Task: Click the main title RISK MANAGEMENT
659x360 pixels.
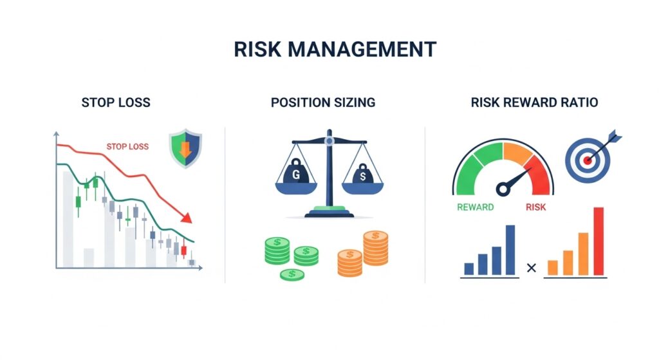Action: tap(329, 50)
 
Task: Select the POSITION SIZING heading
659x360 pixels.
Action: tap(323, 102)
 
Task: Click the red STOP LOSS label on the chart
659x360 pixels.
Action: tap(127, 147)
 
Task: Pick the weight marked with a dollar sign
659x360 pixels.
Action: tap(362, 175)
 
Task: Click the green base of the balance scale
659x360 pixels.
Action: tap(329, 210)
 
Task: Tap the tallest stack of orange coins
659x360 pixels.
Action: tap(375, 248)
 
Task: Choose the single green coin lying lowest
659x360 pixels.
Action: tap(292, 275)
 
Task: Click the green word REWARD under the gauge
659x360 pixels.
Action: tap(475, 207)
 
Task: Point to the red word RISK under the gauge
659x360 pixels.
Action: tap(535, 207)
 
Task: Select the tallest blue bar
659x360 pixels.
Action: tap(510, 249)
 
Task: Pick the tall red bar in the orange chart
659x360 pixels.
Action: tap(598, 241)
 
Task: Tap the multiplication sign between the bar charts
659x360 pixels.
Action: tap(531, 267)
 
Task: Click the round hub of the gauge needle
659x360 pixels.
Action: tap(503, 189)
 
